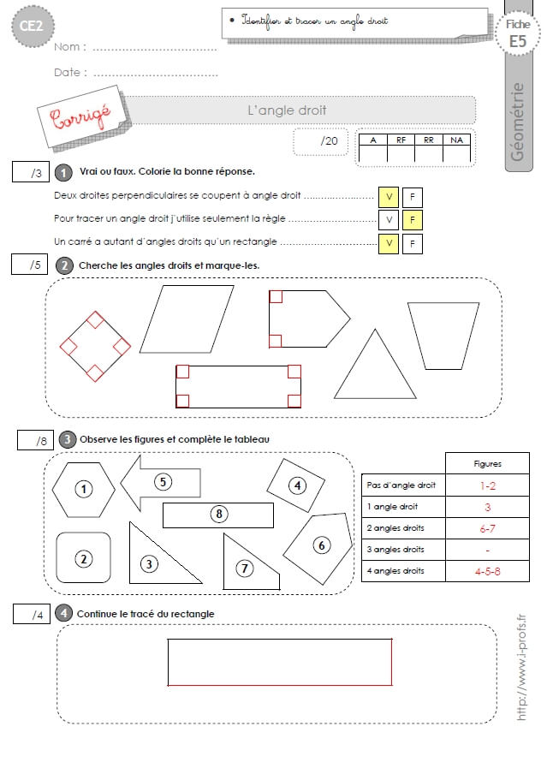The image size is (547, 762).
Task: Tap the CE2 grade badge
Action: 33,26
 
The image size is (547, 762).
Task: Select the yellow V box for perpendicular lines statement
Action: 389,197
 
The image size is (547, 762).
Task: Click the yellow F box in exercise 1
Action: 413,220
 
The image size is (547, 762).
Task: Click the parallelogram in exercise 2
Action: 187,318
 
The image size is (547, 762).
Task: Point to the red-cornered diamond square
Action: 95,347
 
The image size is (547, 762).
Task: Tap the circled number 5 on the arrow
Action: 163,482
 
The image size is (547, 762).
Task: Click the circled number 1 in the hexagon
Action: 84,489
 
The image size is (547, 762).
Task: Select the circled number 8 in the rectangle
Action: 219,515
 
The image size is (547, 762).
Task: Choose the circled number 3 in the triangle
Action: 149,563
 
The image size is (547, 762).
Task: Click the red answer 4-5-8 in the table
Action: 487,572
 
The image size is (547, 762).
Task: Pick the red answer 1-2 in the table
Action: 488,485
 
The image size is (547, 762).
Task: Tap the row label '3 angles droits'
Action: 395,550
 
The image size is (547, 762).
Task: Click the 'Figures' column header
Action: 487,463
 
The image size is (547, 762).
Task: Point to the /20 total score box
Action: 321,141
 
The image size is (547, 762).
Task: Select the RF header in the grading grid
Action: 401,140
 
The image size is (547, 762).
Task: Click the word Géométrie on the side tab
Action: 517,122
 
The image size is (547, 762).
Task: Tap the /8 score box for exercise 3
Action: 35,440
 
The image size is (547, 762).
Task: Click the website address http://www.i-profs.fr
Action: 520,667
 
